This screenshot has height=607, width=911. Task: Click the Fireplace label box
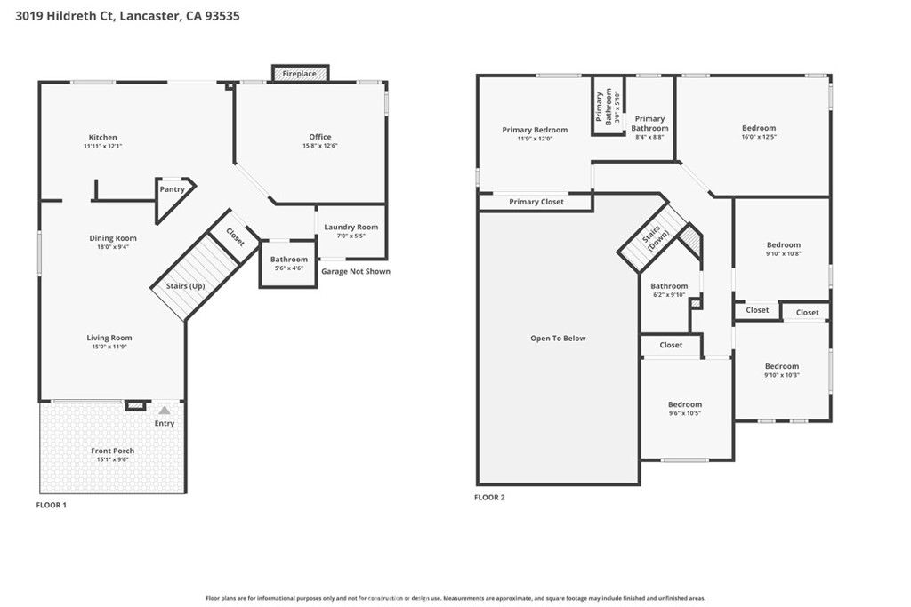(300, 74)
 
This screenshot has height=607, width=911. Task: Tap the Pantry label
(173, 189)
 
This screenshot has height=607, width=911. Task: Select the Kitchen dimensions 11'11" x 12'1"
(102, 146)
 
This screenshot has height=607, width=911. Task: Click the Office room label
(320, 137)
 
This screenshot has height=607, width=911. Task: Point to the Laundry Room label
(351, 228)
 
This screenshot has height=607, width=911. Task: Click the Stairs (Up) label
(186, 286)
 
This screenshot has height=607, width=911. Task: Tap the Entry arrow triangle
(165, 411)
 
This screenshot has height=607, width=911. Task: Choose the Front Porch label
(113, 451)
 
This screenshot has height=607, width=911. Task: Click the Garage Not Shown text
(355, 272)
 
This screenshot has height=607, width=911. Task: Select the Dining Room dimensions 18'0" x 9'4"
(113, 249)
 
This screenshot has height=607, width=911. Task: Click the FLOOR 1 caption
(51, 506)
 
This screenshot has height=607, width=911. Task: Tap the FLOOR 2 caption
(490, 498)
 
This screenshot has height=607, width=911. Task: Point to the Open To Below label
(558, 339)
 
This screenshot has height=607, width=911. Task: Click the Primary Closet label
(536, 203)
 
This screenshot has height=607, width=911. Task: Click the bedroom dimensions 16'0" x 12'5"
(759, 137)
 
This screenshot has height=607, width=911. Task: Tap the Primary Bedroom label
(535, 130)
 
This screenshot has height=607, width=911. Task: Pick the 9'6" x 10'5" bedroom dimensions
(685, 413)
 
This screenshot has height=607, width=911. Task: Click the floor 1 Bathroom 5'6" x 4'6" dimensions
(288, 268)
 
